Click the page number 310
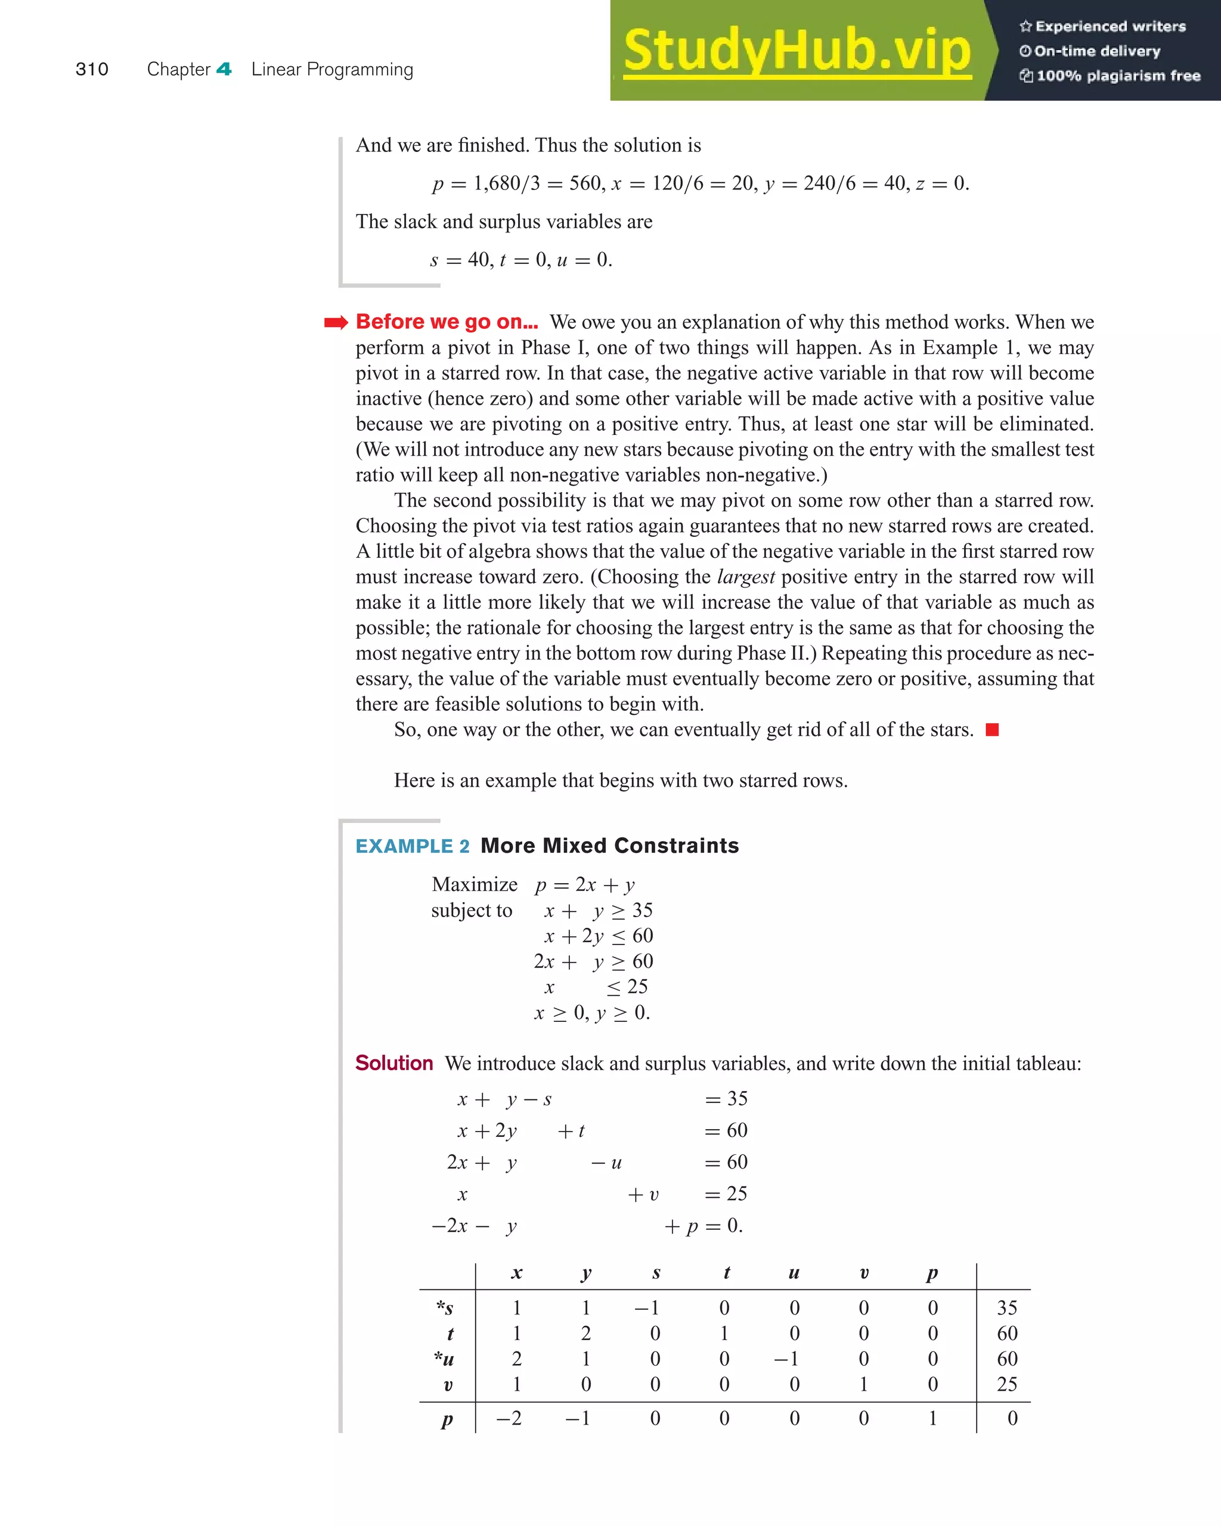tap(91, 69)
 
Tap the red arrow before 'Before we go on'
tap(336, 323)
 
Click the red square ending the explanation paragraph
tap(992, 730)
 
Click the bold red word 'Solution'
tap(393, 1063)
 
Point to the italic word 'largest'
tap(746, 577)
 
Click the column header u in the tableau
tap(794, 1273)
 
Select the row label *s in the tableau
tap(445, 1307)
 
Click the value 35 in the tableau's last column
tap(1006, 1307)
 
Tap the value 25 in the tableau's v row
tap(1006, 1384)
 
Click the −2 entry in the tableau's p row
tap(509, 1418)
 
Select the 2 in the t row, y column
tap(585, 1333)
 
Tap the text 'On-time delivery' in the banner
tap(1096, 51)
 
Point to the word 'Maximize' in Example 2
tap(475, 885)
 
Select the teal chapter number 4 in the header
tap(224, 69)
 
